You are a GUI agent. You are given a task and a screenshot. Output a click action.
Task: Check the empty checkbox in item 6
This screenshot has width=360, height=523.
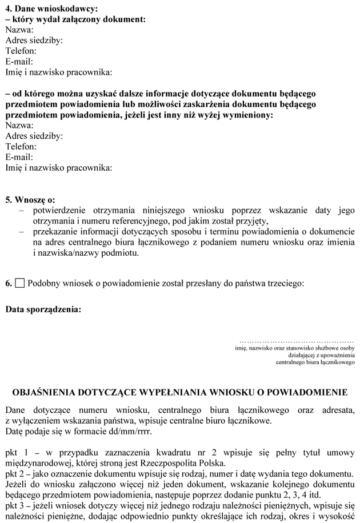pos(20,283)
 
